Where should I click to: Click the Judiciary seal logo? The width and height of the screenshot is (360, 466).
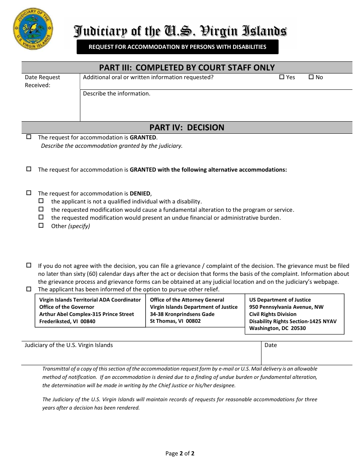point(33,29)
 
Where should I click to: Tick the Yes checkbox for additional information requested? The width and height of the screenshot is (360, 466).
point(282,77)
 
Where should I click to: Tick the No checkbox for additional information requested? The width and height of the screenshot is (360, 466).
point(311,77)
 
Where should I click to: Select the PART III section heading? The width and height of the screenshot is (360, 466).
point(187,67)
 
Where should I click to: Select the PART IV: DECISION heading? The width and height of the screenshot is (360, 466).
point(187,127)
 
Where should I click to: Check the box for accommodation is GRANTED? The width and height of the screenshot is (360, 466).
point(29,137)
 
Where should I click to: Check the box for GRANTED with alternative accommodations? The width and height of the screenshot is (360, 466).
point(29,169)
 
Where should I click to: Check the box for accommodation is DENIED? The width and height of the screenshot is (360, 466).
point(29,193)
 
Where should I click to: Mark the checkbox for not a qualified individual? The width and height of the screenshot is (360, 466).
point(41,201)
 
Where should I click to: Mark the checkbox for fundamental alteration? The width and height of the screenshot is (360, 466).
point(41,209)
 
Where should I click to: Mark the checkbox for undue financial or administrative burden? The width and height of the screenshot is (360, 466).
point(41,217)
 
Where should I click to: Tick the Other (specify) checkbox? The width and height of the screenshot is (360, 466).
point(41,225)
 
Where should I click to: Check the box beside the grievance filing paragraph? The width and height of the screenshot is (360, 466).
point(29,265)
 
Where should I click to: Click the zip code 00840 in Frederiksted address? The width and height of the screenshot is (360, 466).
point(88,321)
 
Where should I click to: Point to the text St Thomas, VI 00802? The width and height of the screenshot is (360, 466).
point(175,321)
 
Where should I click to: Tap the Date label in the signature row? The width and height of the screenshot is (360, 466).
point(271,345)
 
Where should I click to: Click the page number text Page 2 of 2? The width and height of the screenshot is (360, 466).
point(180,453)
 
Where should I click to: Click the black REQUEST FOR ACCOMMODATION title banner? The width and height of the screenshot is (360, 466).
point(177,47)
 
